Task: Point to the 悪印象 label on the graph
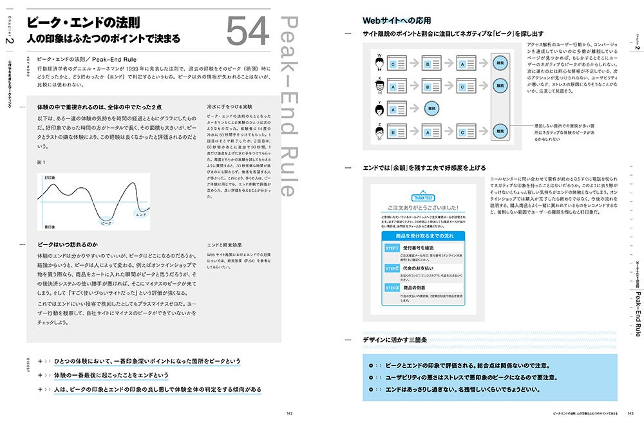click(48, 227)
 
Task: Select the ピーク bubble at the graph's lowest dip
click(106, 222)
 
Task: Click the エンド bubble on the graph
click(140, 215)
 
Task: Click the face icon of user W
click(380, 62)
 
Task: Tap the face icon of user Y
click(380, 107)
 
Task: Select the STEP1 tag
click(392, 247)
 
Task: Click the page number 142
click(290, 413)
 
